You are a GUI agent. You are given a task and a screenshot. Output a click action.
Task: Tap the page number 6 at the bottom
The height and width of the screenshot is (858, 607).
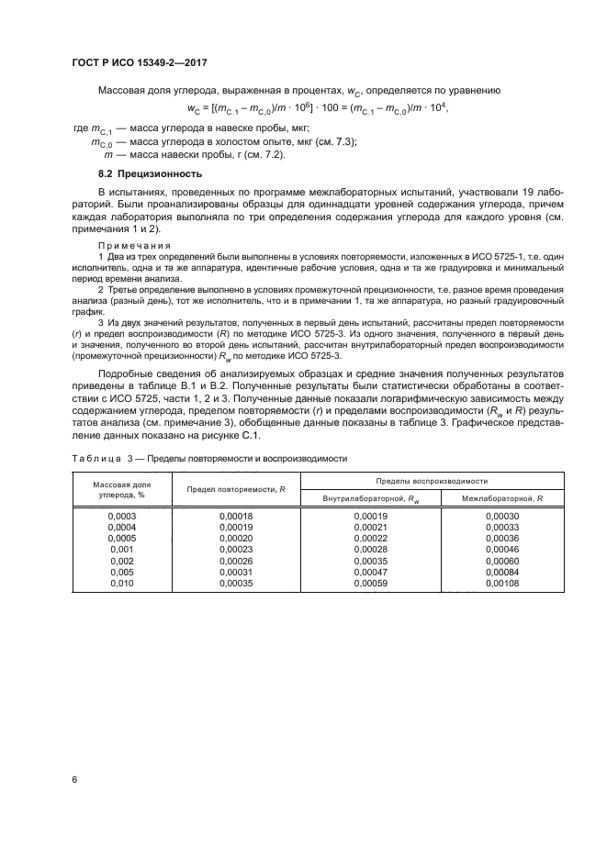tap(73, 781)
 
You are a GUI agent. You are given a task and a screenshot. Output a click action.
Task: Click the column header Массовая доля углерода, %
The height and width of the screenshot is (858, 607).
tap(122, 488)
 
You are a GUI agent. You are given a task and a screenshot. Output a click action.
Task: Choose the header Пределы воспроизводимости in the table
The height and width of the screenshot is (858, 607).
tap(431, 481)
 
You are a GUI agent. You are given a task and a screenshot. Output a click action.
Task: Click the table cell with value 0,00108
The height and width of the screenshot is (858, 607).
tap(501, 583)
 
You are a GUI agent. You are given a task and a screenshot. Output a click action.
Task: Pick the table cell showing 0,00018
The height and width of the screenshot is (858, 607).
tap(236, 517)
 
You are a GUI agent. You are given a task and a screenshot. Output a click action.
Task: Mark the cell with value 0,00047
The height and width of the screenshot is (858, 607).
tap(371, 572)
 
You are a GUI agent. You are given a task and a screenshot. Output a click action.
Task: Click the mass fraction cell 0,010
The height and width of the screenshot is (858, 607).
tap(122, 583)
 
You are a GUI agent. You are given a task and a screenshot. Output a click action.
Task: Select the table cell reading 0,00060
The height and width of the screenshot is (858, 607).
tap(501, 561)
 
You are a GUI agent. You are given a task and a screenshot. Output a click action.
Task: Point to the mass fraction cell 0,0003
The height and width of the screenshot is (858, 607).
tap(122, 517)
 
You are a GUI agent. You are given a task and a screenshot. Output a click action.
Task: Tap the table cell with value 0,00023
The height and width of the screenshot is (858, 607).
tap(236, 550)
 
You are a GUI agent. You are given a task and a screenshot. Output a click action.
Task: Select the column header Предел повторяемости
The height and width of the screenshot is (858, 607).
tap(236, 489)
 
